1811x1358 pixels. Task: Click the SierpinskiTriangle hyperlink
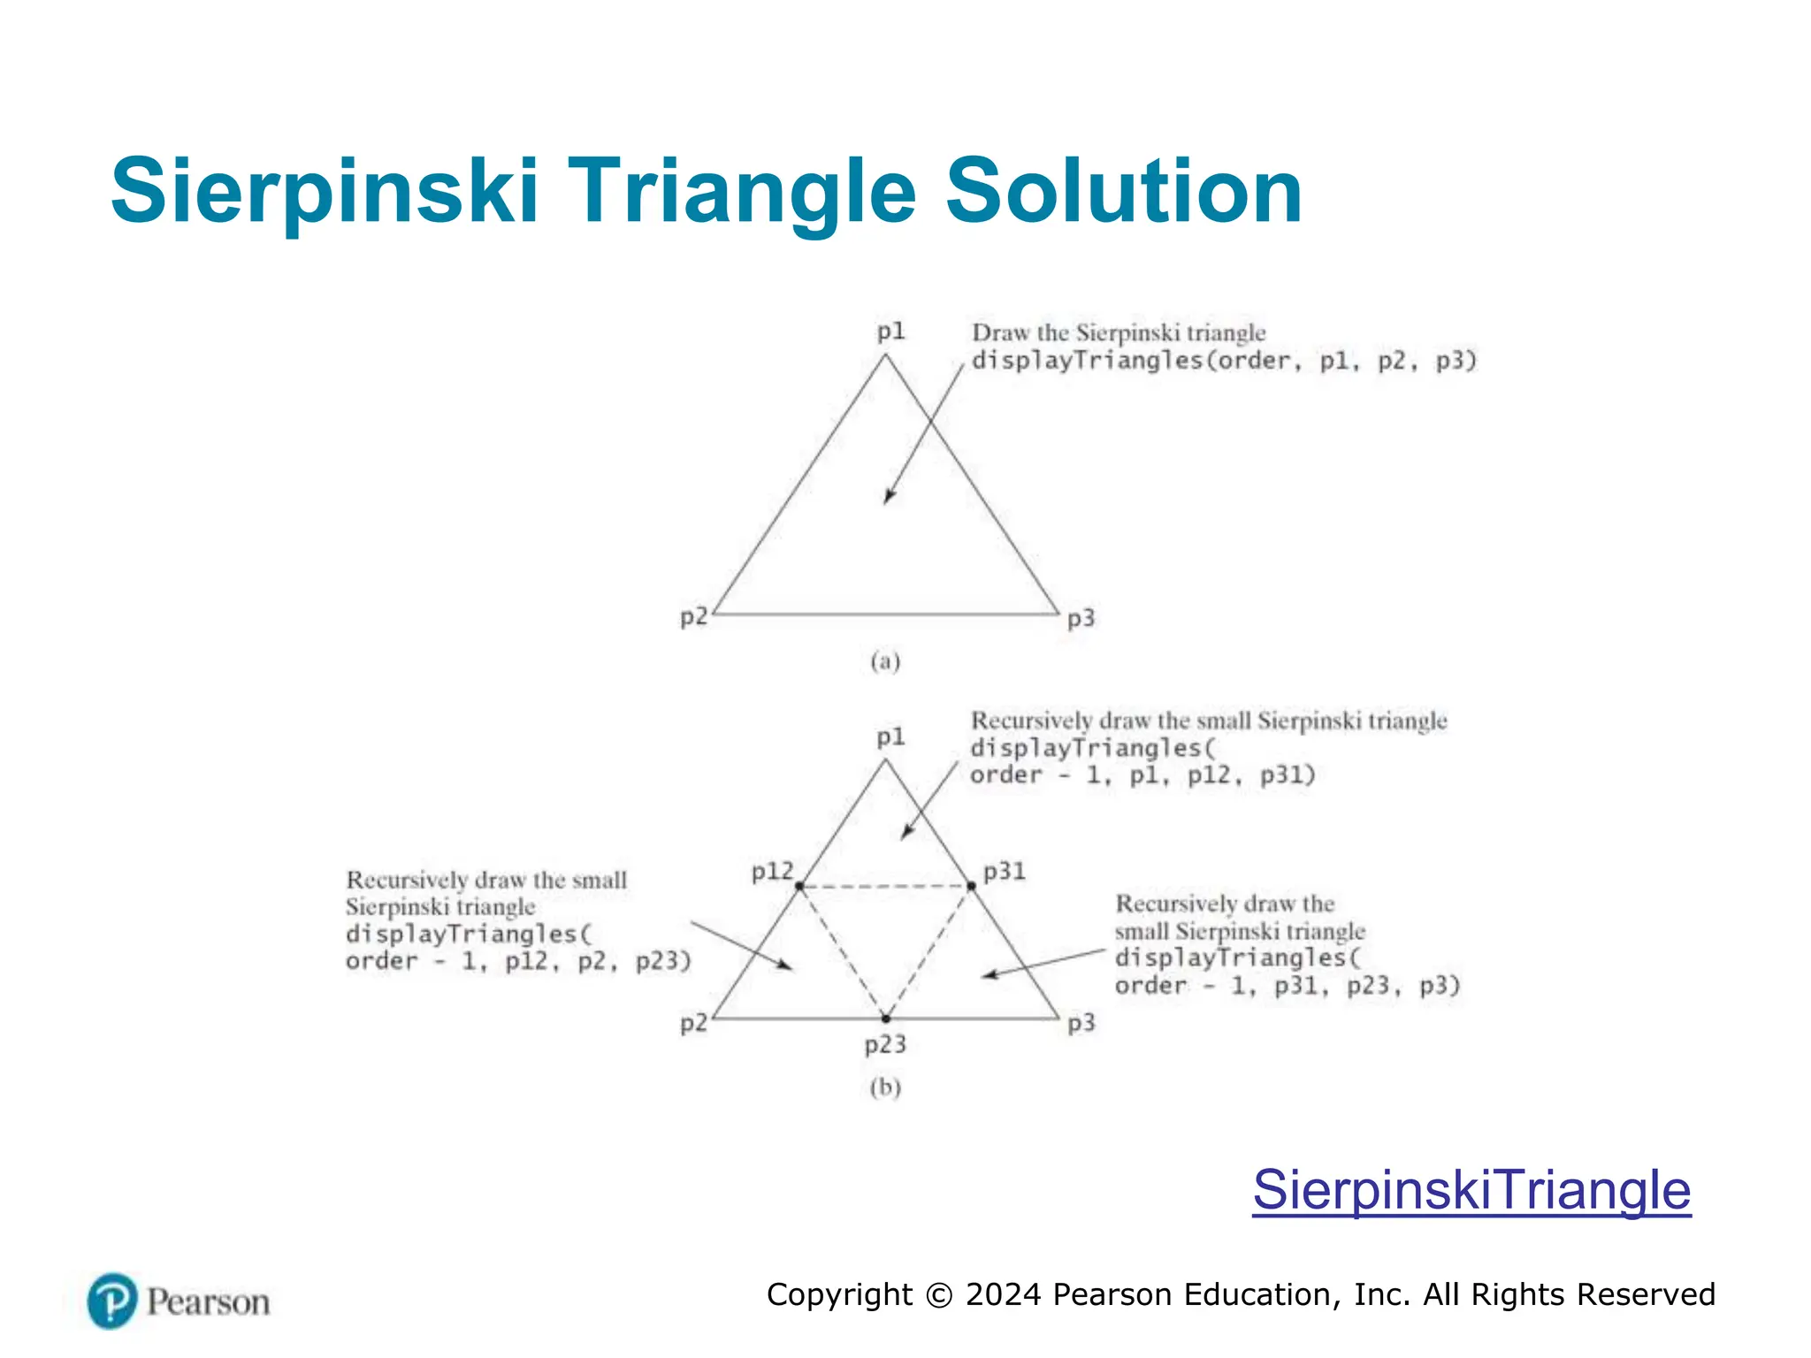(x=1471, y=1190)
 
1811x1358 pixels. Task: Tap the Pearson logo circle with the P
(x=112, y=1301)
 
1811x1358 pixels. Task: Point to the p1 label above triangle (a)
(x=890, y=332)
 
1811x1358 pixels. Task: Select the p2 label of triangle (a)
(x=693, y=616)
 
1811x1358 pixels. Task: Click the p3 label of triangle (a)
(x=1081, y=618)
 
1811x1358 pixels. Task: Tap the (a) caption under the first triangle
(x=885, y=661)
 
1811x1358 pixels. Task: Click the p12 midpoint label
(x=772, y=872)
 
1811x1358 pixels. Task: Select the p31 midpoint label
(x=1005, y=872)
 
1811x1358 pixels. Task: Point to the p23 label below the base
(x=885, y=1045)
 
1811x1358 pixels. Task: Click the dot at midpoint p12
(x=799, y=886)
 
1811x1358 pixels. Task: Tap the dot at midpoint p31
(x=971, y=886)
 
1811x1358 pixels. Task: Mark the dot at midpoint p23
(x=886, y=1018)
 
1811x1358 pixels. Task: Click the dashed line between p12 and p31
(x=885, y=886)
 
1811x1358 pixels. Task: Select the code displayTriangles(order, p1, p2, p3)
(x=1224, y=361)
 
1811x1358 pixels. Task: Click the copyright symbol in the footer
(x=938, y=1295)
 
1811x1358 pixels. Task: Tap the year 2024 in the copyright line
(x=1003, y=1295)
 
